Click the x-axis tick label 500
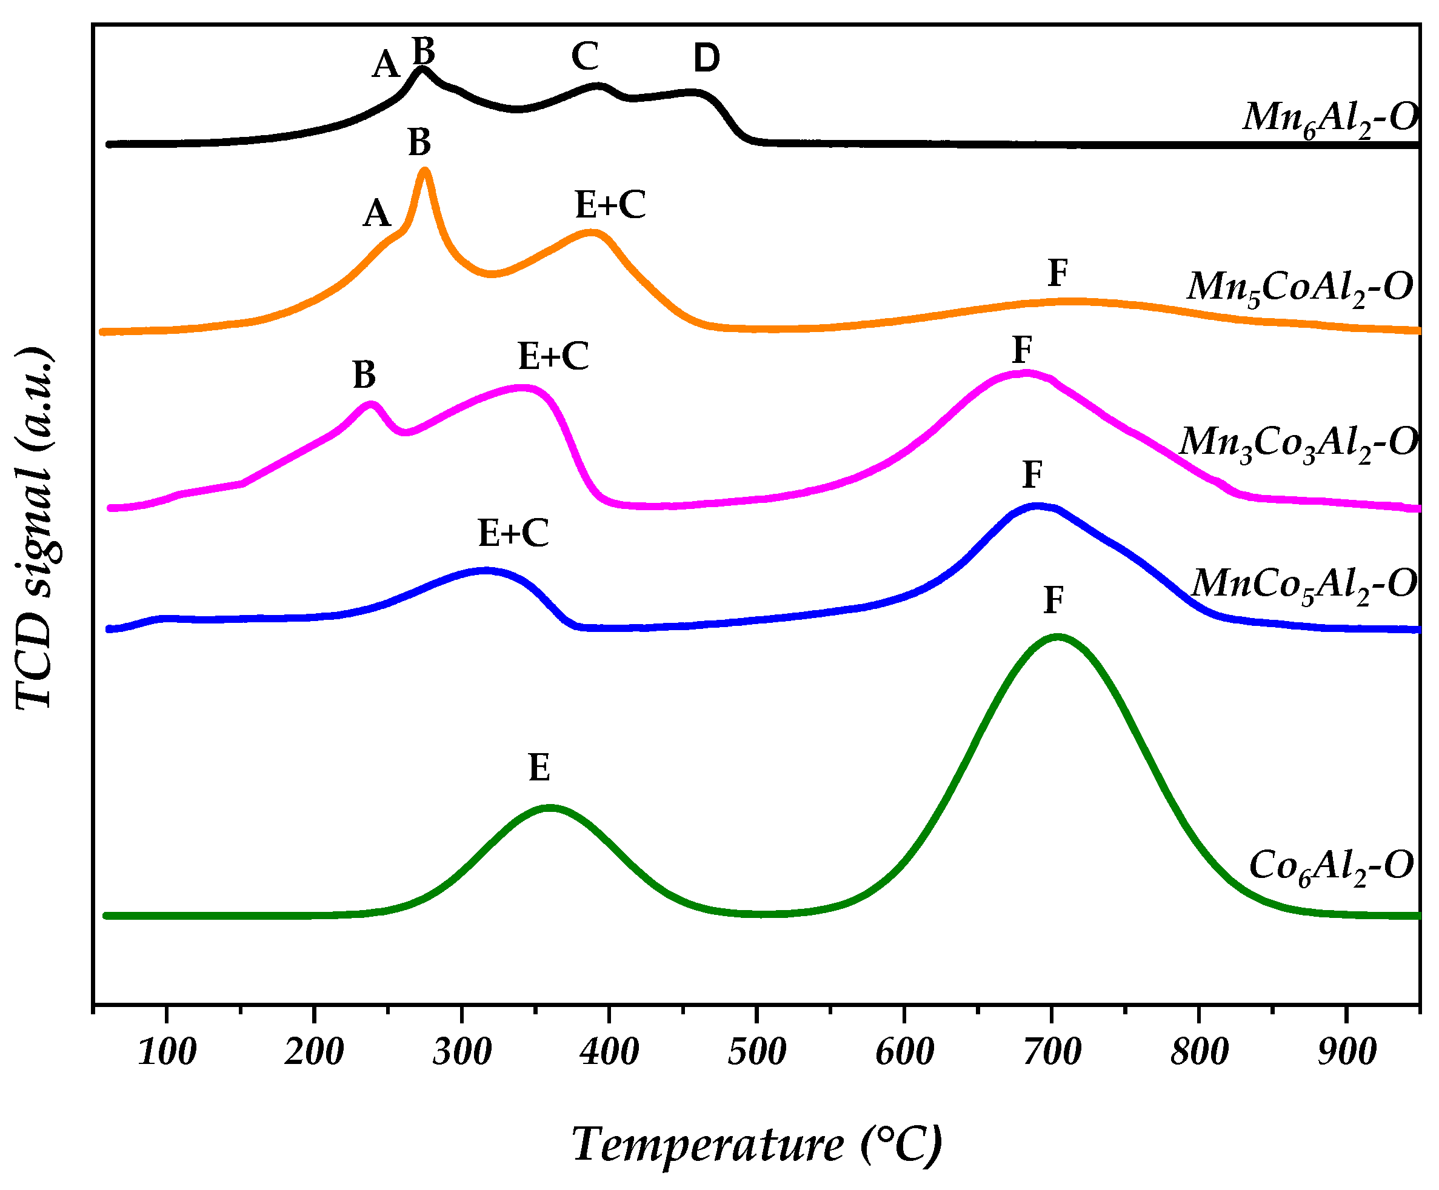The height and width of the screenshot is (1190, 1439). click(x=756, y=1052)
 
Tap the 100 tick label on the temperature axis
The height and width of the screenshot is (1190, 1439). click(x=167, y=1052)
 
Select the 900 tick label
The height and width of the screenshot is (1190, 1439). click(x=1346, y=1052)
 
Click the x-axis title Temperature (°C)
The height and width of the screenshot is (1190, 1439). click(x=756, y=1145)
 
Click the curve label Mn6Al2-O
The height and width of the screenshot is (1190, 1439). click(x=1329, y=118)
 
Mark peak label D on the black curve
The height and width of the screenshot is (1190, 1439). click(x=707, y=58)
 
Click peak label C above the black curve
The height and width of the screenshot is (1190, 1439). click(x=585, y=57)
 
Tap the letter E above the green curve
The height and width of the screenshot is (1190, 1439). click(x=539, y=768)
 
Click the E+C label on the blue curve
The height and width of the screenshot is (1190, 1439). click(x=513, y=533)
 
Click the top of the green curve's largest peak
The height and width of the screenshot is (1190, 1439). click(x=1057, y=637)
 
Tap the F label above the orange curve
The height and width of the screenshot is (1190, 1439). click(x=1058, y=273)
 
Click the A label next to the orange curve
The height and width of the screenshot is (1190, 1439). click(x=377, y=214)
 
